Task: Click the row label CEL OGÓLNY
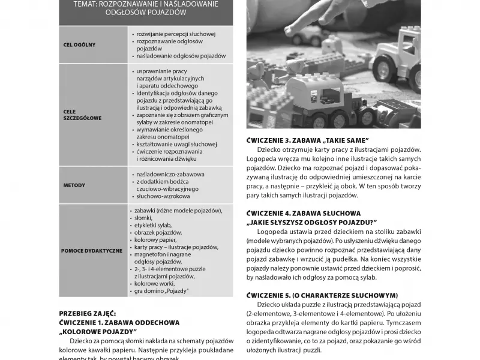(x=79, y=45)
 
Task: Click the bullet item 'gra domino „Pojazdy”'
(x=162, y=291)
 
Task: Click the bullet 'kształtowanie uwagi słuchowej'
(x=176, y=144)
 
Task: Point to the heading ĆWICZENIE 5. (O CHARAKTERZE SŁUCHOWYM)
(x=322, y=295)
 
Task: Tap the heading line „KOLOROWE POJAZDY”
(x=98, y=331)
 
